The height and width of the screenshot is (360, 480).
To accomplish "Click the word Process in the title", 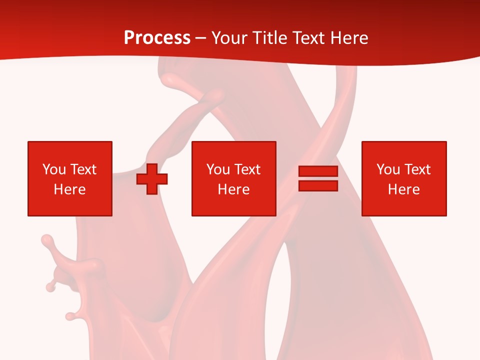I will pyautogui.click(x=157, y=38).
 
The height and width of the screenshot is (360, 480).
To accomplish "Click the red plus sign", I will pyautogui.click(x=152, y=179).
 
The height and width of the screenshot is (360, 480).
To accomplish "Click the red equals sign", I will pyautogui.click(x=318, y=179).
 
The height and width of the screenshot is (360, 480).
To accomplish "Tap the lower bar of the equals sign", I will pyautogui.click(x=318, y=186).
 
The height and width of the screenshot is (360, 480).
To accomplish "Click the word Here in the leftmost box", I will pyautogui.click(x=70, y=189).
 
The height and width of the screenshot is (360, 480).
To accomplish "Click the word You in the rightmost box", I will pyautogui.click(x=388, y=169).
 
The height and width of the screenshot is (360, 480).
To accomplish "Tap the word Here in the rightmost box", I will pyautogui.click(x=404, y=189).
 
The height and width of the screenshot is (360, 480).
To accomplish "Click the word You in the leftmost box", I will pyautogui.click(x=54, y=169).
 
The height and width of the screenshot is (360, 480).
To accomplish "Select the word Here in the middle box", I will pyautogui.click(x=234, y=189).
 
